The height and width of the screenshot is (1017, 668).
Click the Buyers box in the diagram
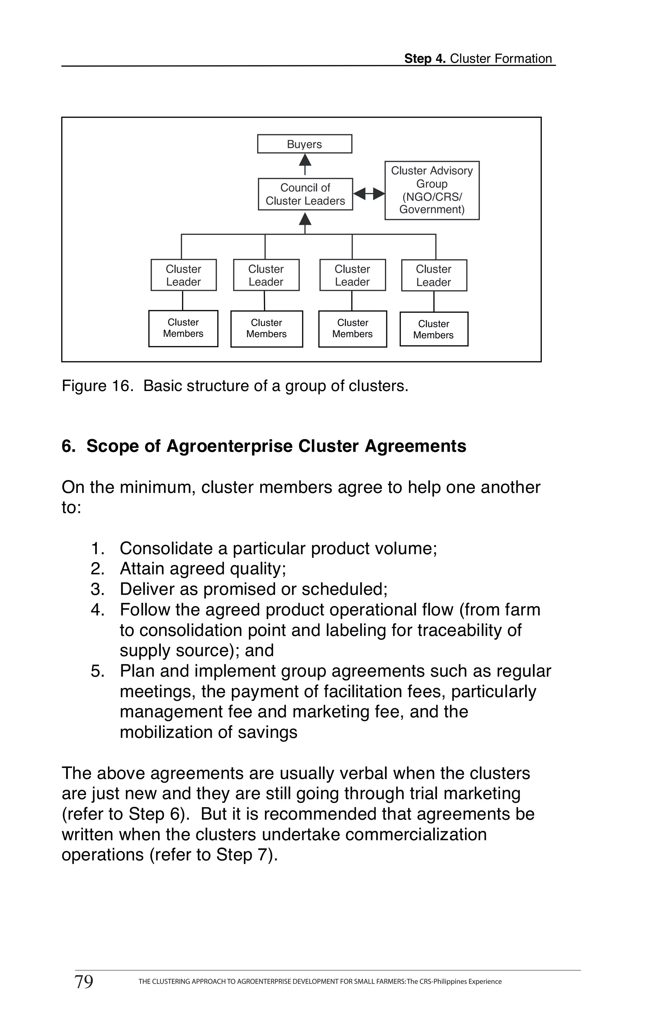(305, 144)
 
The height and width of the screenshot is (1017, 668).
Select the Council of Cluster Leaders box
(305, 194)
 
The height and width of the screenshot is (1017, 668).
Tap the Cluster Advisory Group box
(432, 190)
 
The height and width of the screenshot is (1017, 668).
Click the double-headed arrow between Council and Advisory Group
(369, 194)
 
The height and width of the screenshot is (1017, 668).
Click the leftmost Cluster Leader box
(183, 275)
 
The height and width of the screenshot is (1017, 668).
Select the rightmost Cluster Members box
(433, 329)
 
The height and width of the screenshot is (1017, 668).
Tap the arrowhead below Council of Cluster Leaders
(305, 220)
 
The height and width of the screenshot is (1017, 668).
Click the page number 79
(84, 981)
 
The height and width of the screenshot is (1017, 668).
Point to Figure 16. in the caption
(95, 386)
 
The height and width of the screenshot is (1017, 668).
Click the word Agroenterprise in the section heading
(229, 446)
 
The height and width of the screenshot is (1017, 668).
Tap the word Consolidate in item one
(166, 549)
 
